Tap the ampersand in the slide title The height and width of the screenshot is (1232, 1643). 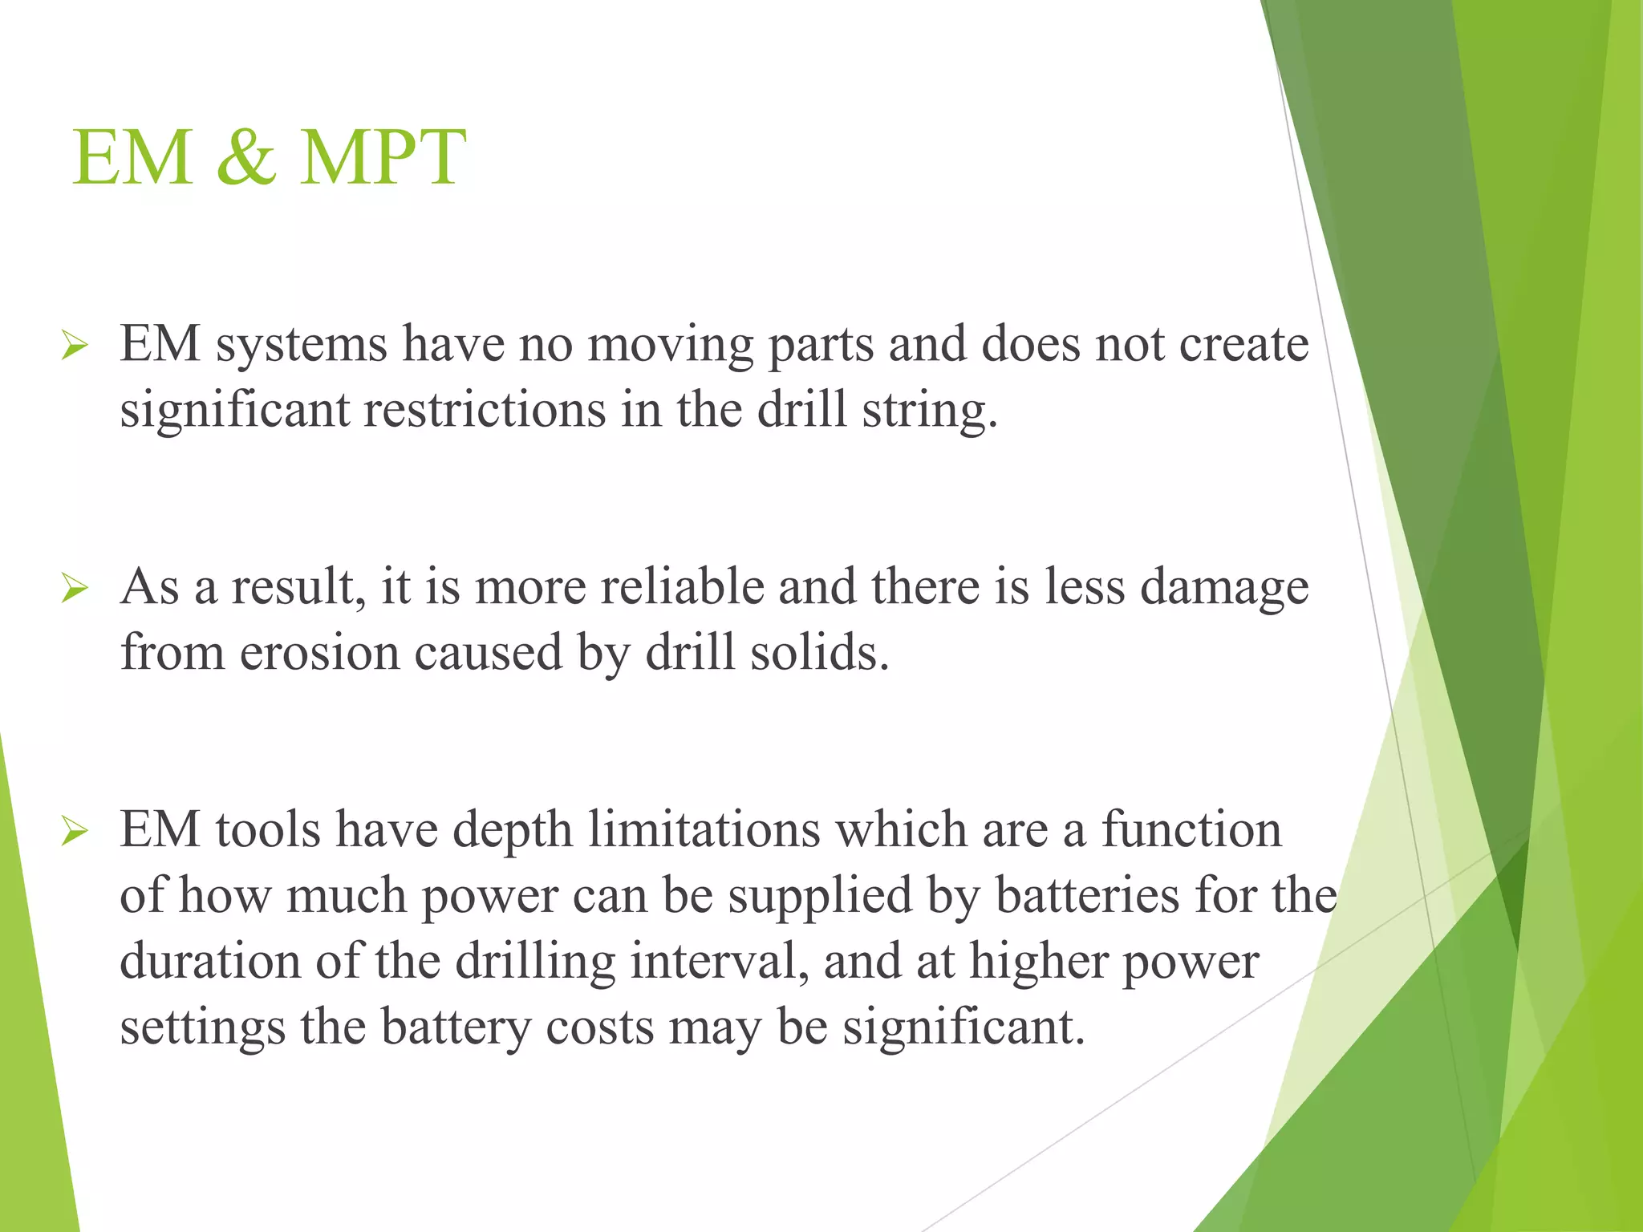[x=246, y=157]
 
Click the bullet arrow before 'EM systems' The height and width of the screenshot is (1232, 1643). [x=74, y=346]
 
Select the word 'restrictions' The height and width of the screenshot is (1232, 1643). [x=485, y=410]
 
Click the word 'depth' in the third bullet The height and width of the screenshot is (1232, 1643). [x=513, y=830]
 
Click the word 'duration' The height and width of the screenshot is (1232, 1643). [x=210, y=961]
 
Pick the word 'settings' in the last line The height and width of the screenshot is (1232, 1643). [x=202, y=1028]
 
